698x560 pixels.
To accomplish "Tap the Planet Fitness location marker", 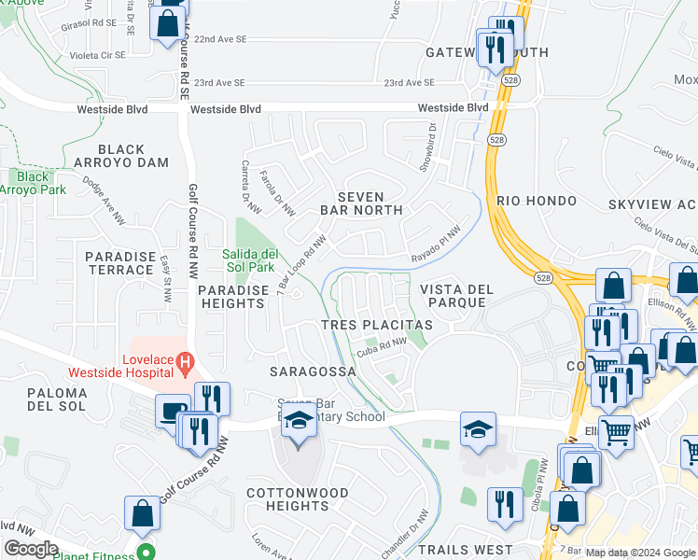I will [x=145, y=552].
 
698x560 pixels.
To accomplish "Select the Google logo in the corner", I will [x=31, y=549].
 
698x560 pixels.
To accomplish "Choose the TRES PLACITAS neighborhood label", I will [x=376, y=325].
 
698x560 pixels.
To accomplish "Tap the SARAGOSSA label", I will [x=313, y=371].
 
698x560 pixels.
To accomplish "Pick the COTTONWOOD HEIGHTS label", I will [x=298, y=499].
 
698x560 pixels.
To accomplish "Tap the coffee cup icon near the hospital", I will [x=172, y=412].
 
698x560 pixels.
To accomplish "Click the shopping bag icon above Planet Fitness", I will [x=142, y=511].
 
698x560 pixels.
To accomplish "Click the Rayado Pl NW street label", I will [x=437, y=245].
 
